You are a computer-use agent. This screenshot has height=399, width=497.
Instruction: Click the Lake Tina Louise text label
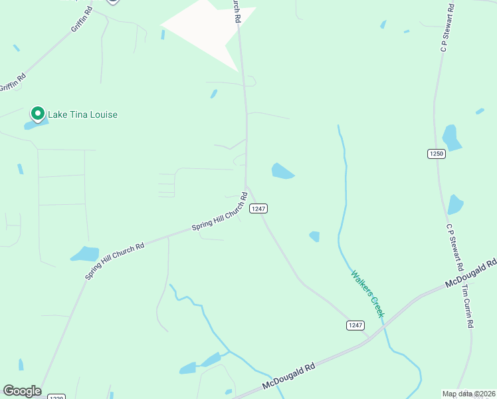[x=82, y=114]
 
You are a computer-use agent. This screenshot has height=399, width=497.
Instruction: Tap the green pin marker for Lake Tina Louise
[x=38, y=114]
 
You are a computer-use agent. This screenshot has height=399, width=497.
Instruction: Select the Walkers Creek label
[x=368, y=293]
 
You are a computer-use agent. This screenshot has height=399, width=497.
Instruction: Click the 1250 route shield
[x=436, y=154]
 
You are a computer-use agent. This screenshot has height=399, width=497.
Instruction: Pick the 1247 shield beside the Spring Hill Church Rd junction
[x=258, y=208]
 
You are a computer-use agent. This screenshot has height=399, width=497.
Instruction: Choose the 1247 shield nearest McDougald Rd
[x=355, y=325]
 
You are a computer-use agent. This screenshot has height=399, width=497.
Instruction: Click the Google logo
[x=22, y=390]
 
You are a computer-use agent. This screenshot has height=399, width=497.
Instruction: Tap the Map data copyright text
[x=468, y=394]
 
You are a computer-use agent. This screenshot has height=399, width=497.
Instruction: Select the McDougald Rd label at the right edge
[x=472, y=274]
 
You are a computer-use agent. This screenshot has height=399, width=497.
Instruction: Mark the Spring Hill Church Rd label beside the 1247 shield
[x=220, y=213]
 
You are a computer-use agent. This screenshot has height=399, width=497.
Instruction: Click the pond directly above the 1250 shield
[x=452, y=138]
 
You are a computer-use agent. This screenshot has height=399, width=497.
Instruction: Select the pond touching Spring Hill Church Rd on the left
[x=85, y=253]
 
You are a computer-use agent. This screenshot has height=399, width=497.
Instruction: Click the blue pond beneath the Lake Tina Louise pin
[x=35, y=124]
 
